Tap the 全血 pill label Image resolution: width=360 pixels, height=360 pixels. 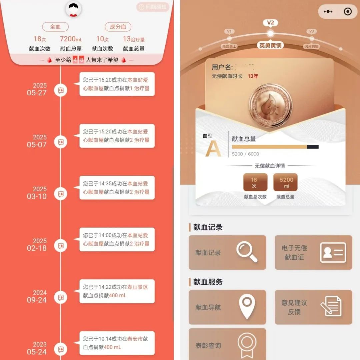click(x=55, y=27)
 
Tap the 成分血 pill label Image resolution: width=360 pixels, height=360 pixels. click(x=118, y=27)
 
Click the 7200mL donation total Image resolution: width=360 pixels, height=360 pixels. click(x=71, y=39)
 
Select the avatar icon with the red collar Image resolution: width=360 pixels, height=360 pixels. click(x=73, y=9)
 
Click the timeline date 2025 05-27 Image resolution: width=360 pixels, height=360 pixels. click(x=37, y=89)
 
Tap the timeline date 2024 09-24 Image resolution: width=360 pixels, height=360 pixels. click(x=37, y=296)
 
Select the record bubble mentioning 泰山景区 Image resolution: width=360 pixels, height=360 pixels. click(x=117, y=291)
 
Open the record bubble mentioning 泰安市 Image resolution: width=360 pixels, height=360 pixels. click(x=117, y=343)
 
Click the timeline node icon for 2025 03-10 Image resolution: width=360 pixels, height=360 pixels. click(x=61, y=194)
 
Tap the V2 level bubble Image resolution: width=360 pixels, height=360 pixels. click(x=270, y=23)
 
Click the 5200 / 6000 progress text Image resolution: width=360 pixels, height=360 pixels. click(x=245, y=154)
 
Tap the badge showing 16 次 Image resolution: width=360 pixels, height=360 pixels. click(x=255, y=183)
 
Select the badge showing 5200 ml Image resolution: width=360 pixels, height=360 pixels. click(x=286, y=183)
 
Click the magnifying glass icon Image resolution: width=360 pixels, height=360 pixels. click(x=247, y=252)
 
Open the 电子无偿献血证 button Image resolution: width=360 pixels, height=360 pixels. click(x=313, y=252)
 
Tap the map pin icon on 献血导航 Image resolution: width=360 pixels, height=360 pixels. click(x=247, y=307)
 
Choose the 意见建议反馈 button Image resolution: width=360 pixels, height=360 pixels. click(x=313, y=307)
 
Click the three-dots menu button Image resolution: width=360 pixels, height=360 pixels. click(x=328, y=12)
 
